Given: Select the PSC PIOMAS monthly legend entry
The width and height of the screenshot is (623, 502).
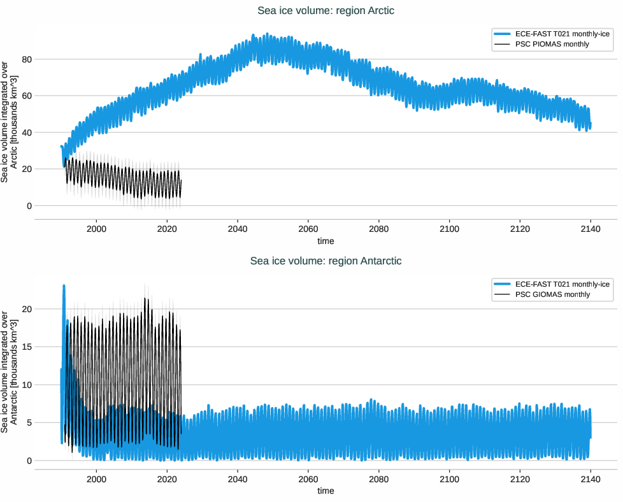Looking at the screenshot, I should (552, 44).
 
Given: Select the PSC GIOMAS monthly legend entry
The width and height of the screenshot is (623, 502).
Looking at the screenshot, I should (552, 294).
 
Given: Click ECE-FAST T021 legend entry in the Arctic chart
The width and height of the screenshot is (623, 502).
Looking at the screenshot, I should (562, 34).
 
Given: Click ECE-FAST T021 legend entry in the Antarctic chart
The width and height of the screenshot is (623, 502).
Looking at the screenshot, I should (562, 283).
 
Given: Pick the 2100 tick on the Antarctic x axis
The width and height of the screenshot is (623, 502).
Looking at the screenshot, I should (449, 479).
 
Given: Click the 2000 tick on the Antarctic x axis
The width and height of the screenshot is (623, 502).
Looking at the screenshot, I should (96, 479).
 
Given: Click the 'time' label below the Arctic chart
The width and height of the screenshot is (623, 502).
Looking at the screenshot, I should (326, 241).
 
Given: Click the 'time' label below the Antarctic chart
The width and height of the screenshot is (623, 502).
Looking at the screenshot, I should (326, 491).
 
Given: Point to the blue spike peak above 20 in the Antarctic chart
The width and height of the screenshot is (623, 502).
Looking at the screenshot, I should (64, 286).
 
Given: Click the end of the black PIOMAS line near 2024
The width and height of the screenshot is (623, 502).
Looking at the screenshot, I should (181, 181).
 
